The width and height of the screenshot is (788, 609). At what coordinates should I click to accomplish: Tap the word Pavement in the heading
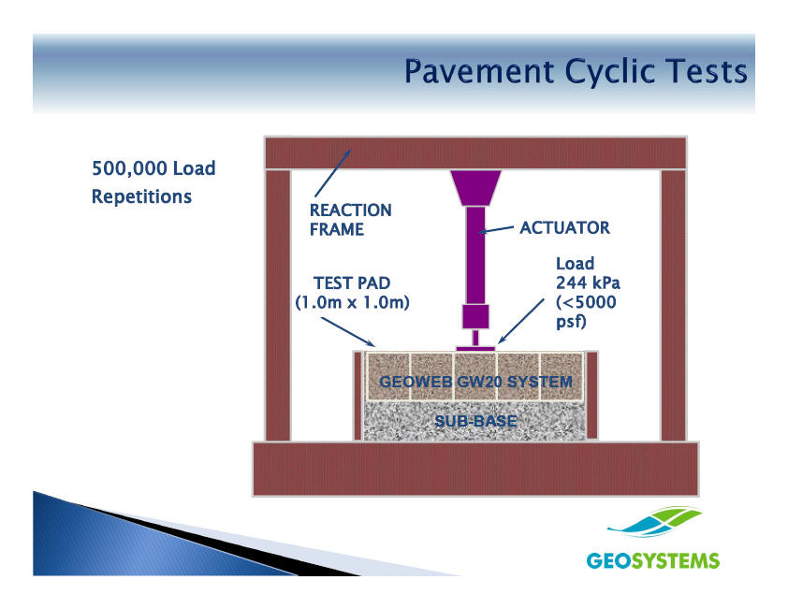tap(479, 71)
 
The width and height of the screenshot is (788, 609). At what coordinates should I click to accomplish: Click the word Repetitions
tap(141, 196)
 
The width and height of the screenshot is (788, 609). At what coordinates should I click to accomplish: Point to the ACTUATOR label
tap(564, 227)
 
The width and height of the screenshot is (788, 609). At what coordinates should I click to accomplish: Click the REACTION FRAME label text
tap(350, 220)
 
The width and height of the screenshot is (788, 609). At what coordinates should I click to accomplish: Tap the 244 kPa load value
tap(588, 283)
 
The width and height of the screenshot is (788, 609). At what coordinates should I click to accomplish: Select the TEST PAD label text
tap(352, 283)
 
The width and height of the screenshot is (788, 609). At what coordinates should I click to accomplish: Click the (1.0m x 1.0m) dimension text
tap(352, 302)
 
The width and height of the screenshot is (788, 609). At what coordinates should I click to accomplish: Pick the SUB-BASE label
tap(475, 421)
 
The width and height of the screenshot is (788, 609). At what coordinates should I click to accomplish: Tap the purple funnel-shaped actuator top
tap(475, 188)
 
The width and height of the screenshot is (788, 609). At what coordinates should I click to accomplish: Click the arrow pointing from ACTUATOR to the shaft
tap(496, 229)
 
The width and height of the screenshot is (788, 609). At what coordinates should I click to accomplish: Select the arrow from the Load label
tap(521, 321)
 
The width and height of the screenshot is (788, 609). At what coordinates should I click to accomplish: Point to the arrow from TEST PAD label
tap(348, 332)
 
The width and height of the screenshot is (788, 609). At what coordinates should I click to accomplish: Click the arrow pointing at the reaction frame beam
tap(332, 173)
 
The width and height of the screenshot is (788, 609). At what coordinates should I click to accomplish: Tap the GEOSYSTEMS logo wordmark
tap(653, 560)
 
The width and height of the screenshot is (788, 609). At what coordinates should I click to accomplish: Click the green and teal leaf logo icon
tap(654, 522)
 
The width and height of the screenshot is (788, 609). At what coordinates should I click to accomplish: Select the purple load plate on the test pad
tap(475, 348)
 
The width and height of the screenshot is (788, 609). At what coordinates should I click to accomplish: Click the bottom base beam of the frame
tap(475, 469)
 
